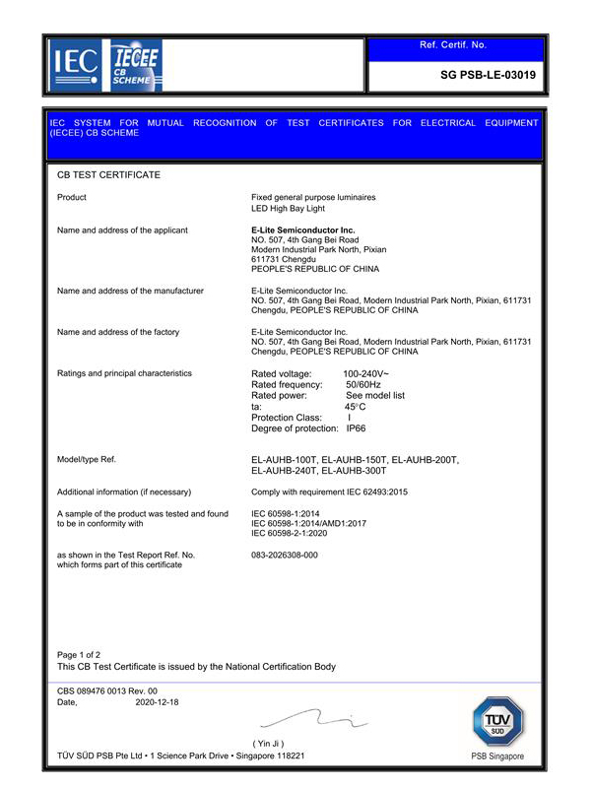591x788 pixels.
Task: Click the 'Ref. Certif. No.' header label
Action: pyautogui.click(x=453, y=45)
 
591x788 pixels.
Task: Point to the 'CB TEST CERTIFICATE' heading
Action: pyautogui.click(x=108, y=174)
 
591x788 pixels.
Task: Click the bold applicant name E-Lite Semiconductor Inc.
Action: pyautogui.click(x=303, y=230)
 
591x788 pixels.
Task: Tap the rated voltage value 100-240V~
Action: pyautogui.click(x=365, y=374)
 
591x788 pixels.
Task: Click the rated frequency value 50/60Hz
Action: pyautogui.click(x=364, y=385)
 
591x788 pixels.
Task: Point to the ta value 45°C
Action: pyautogui.click(x=355, y=407)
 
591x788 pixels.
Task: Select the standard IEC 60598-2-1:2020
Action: pyautogui.click(x=299, y=533)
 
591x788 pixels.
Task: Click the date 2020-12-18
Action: pyautogui.click(x=157, y=702)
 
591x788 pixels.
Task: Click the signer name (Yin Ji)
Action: pyautogui.click(x=269, y=743)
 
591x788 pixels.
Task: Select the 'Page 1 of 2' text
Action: pyautogui.click(x=79, y=654)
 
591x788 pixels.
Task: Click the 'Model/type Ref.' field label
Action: pyautogui.click(x=88, y=460)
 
